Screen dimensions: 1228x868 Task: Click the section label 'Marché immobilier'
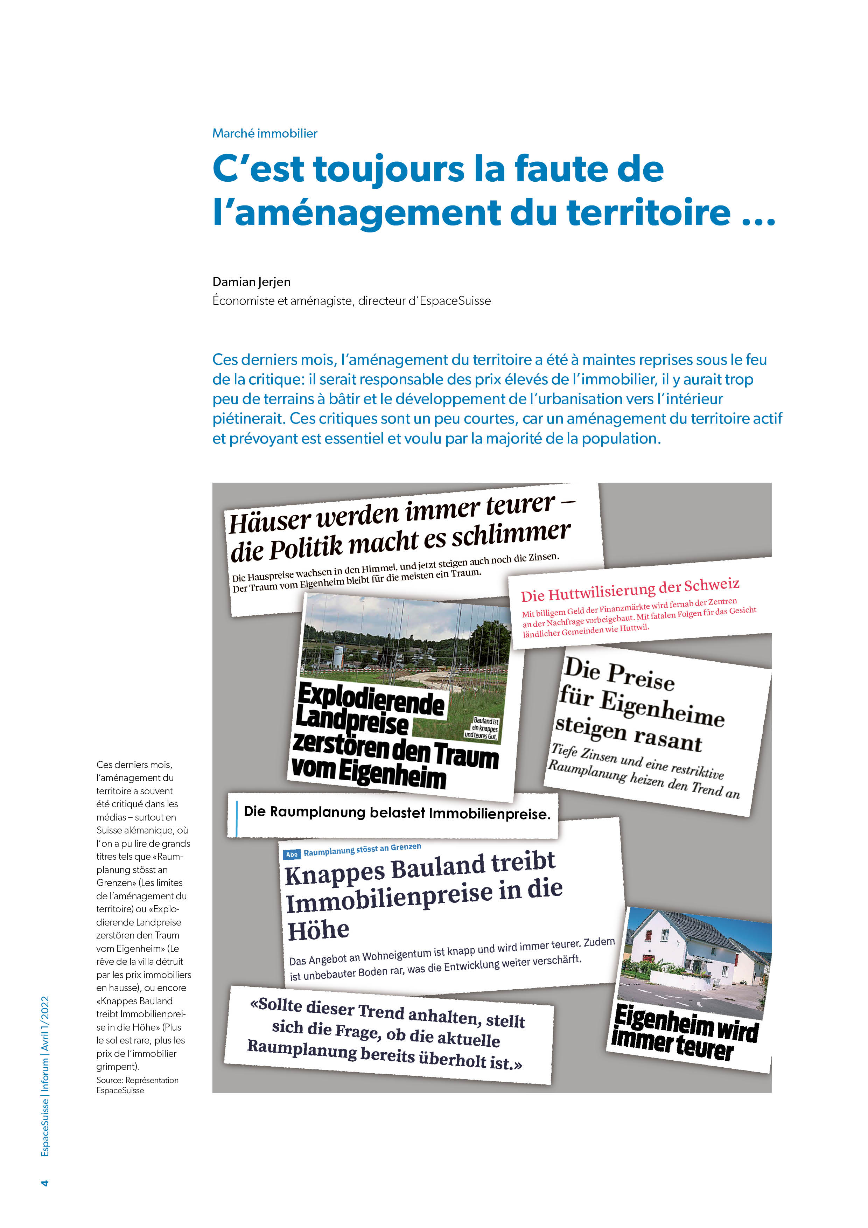tap(265, 133)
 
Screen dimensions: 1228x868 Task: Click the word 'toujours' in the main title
tap(389, 169)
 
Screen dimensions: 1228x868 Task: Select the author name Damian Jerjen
tap(251, 282)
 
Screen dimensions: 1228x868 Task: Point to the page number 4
tap(45, 1182)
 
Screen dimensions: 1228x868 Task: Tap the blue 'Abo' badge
tap(292, 854)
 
